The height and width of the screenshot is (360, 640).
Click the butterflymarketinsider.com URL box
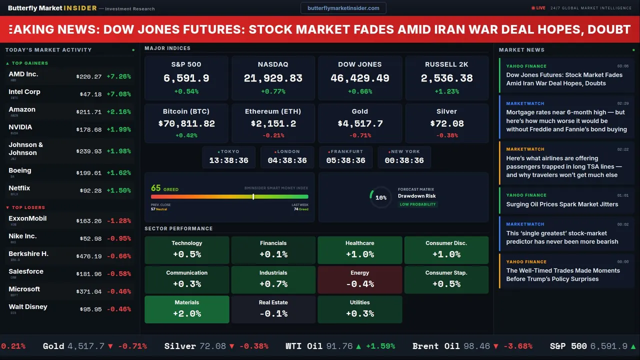click(343, 8)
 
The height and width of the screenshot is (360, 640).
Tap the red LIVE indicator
click(539, 8)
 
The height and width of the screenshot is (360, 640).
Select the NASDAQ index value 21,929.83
click(273, 78)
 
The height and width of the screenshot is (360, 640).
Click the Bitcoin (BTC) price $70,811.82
click(186, 123)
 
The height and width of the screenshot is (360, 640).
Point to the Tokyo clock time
click(228, 160)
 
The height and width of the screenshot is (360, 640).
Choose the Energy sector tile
click(359, 279)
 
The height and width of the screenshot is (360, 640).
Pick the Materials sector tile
click(186, 309)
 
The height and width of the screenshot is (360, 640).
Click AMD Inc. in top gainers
click(23, 74)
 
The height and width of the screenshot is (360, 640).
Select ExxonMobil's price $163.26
click(89, 220)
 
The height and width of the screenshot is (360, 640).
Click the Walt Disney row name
click(28, 306)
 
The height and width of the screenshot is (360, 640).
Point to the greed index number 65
click(156, 188)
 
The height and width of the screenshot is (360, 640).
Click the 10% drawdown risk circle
click(380, 197)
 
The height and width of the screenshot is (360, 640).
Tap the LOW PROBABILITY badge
click(417, 204)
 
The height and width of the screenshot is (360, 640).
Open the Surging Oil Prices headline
click(562, 204)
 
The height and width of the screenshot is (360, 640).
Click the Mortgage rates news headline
click(566, 120)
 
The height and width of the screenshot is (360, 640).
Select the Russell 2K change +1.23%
click(446, 91)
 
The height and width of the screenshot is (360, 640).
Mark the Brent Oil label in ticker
click(435, 346)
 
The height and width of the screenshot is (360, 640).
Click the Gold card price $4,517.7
click(360, 123)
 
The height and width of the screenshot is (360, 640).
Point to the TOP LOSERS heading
click(28, 207)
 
